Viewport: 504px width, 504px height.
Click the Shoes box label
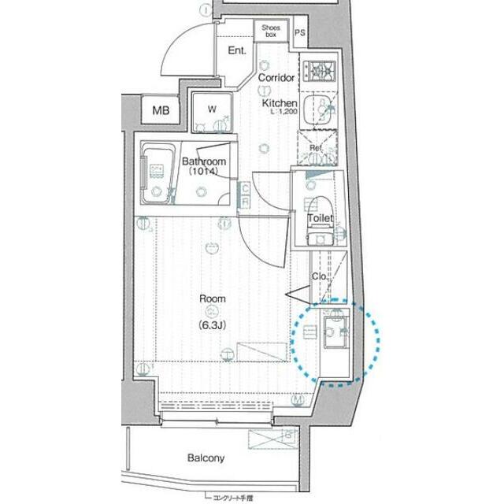tap(271, 31)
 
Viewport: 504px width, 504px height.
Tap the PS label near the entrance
tap(300, 33)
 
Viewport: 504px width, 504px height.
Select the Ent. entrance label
tap(237, 51)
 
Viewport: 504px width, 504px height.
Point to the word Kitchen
tap(280, 104)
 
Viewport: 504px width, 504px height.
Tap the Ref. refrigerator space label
tap(317, 148)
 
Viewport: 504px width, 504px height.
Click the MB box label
tap(161, 110)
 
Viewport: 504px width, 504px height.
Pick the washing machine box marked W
tap(212, 110)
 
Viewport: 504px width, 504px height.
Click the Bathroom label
tap(204, 162)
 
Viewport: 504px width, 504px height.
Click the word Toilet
tap(321, 218)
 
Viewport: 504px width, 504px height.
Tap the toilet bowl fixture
tap(320, 235)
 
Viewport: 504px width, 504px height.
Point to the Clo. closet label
tap(320, 276)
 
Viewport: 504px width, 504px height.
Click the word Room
tap(213, 299)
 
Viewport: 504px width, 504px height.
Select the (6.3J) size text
tap(213, 324)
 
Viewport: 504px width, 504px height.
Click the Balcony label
tap(206, 458)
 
